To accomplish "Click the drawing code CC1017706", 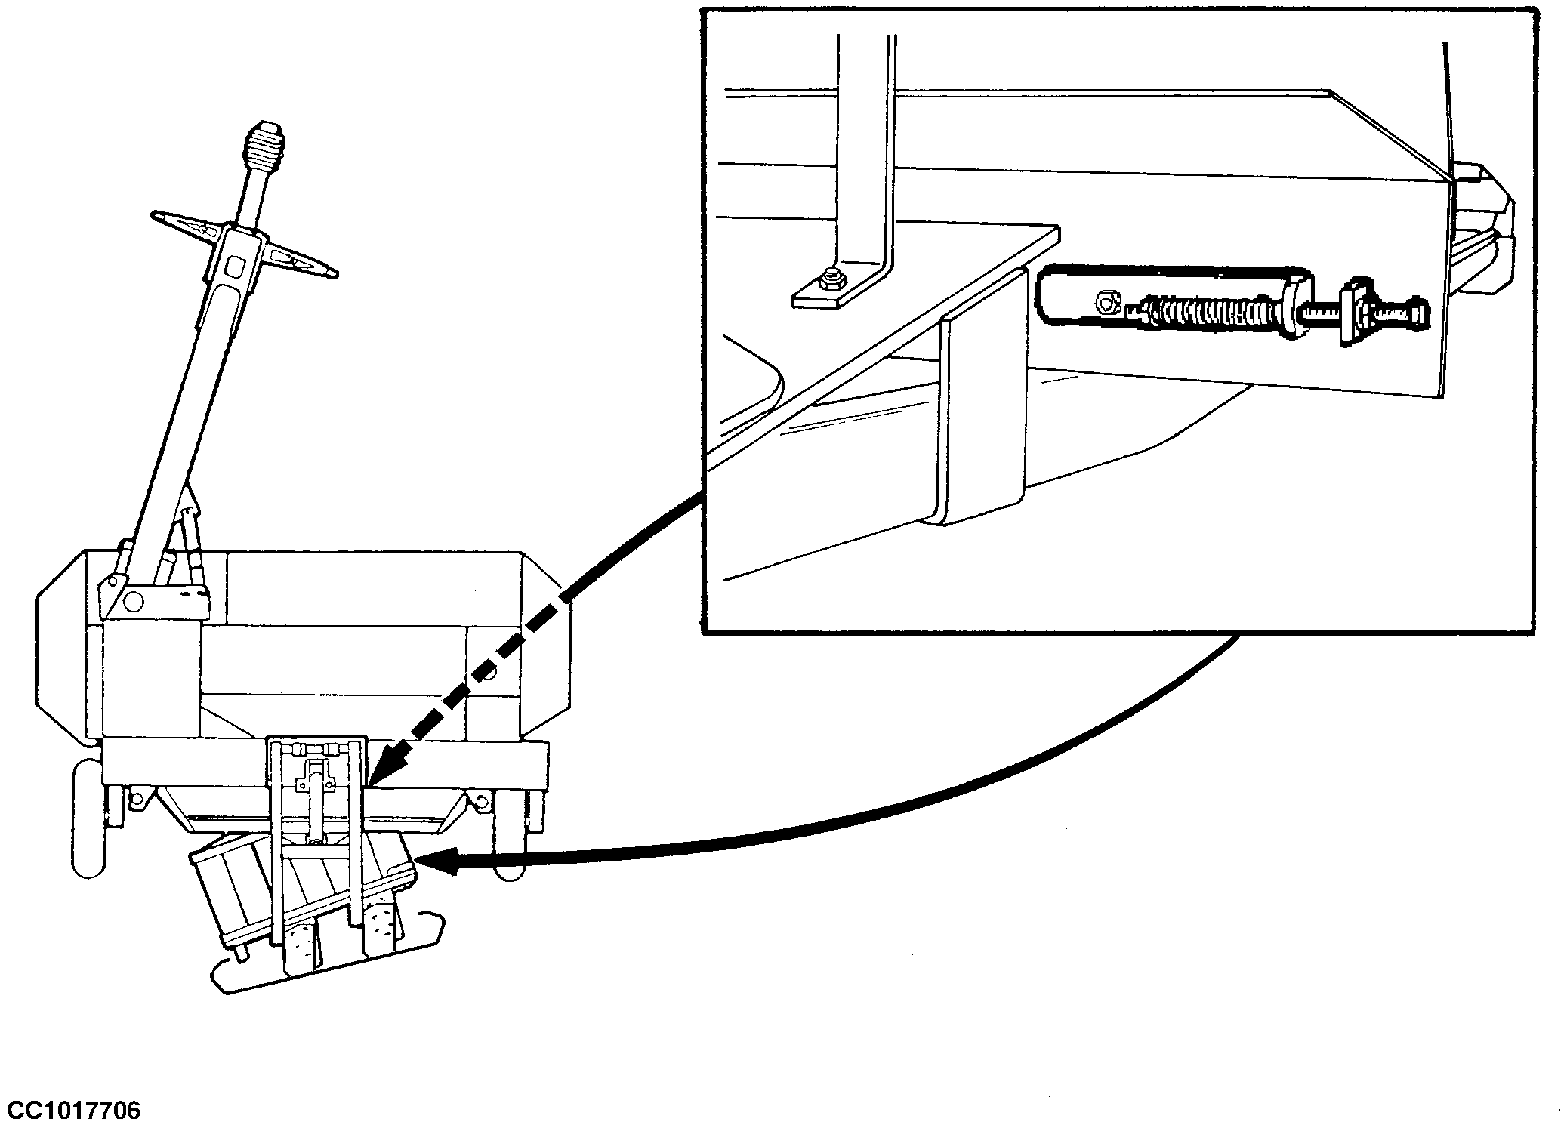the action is [x=71, y=1111].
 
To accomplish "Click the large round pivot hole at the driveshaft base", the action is [x=133, y=601].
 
